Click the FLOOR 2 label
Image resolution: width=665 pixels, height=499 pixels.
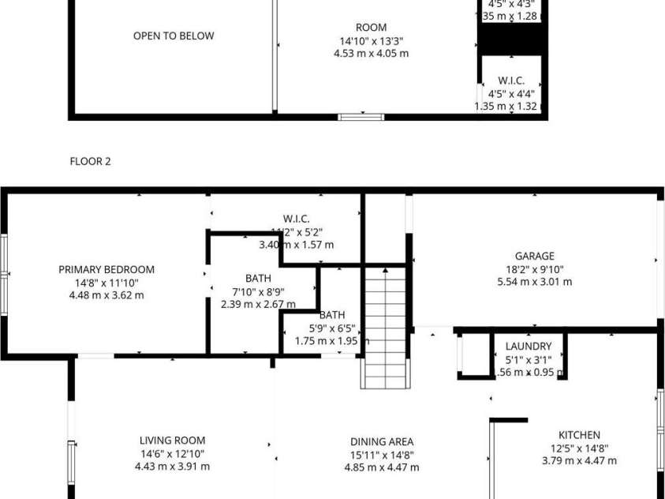click(x=90, y=162)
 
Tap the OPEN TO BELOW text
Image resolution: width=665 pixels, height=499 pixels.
click(x=173, y=36)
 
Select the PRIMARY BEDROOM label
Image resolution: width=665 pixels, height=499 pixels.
click(x=106, y=269)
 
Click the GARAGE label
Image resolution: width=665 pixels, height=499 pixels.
click(x=534, y=256)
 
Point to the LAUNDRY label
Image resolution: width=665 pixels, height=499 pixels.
click(x=528, y=347)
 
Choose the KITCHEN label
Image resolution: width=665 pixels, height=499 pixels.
click(x=579, y=435)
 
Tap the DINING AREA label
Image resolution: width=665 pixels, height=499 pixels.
click(x=382, y=442)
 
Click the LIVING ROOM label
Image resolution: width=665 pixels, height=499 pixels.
click(x=172, y=441)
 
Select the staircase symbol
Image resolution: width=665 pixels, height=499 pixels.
click(x=385, y=328)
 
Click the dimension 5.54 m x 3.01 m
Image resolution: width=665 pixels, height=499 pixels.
click(x=534, y=281)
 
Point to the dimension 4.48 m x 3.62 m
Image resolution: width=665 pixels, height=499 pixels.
click(x=106, y=295)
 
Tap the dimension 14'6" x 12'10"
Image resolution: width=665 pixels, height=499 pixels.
click(x=172, y=453)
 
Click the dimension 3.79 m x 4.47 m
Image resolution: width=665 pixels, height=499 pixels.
click(x=579, y=461)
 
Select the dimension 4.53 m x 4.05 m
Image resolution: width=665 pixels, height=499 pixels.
click(x=371, y=54)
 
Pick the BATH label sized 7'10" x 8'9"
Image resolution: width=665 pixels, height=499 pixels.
click(x=258, y=278)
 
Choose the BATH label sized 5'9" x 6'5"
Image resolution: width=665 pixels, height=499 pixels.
click(x=332, y=314)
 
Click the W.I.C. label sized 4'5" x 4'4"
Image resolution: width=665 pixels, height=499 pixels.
click(x=510, y=81)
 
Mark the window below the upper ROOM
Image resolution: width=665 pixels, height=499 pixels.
click(x=361, y=117)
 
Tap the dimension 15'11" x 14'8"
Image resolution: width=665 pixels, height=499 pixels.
click(x=382, y=455)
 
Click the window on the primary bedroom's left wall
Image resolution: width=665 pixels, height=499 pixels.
click(x=4, y=273)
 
